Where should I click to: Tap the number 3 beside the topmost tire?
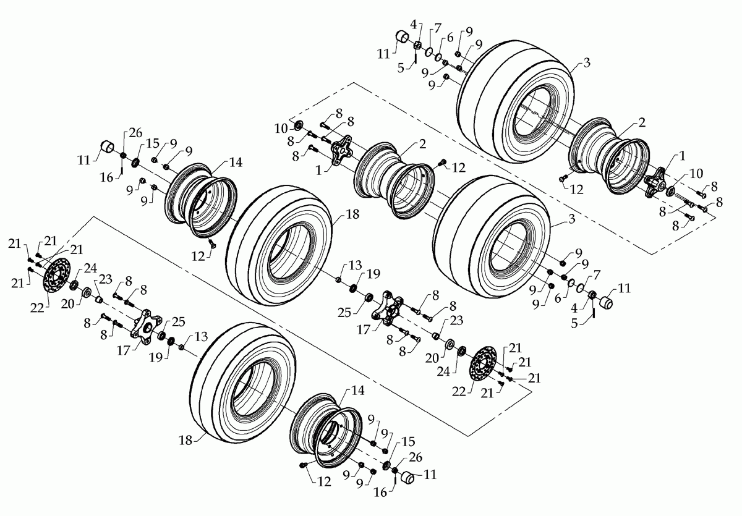586,63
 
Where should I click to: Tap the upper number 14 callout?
236,163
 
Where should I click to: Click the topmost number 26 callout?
135,132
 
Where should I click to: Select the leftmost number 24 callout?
91,269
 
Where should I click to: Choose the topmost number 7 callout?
437,28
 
